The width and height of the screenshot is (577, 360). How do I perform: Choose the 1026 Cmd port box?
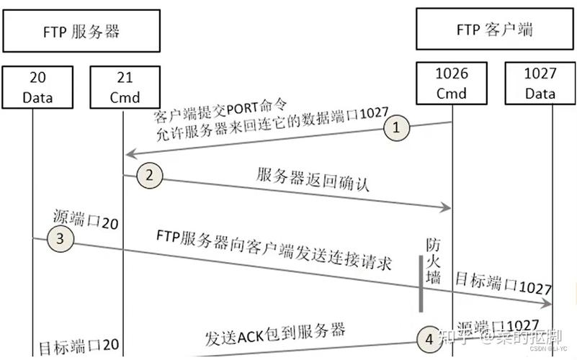point(452,84)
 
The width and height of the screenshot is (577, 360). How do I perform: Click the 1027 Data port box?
point(540,84)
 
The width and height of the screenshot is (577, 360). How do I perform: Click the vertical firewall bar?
point(421,282)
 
